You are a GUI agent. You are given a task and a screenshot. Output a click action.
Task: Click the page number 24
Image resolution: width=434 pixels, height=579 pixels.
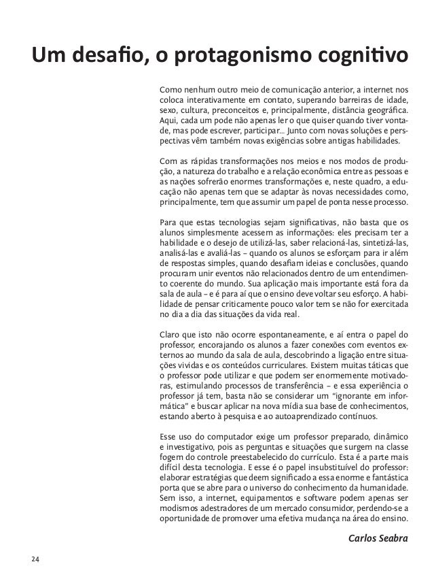tap(34, 560)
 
